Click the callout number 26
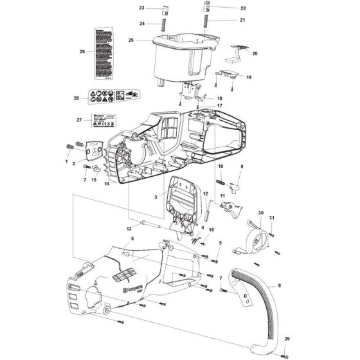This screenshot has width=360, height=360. [82, 51]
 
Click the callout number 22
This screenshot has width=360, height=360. [225, 8]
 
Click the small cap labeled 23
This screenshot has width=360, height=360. [163, 10]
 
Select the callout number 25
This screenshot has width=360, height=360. [130, 40]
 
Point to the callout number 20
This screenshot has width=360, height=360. [255, 55]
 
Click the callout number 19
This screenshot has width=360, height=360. [248, 77]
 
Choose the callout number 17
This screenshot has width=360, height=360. [219, 105]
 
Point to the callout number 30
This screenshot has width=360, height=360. [261, 213]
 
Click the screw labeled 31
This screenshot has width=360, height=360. [273, 232]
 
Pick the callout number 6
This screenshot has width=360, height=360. [132, 239]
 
